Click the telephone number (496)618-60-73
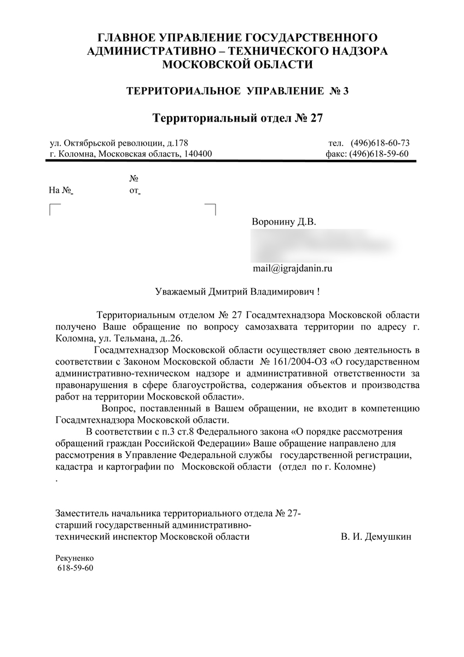coord(380,143)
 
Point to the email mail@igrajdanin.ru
coord(293,268)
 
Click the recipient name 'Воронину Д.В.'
coord(284,222)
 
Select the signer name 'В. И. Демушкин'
coord(375,537)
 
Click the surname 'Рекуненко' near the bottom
coord(75,558)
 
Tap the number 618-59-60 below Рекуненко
coord(76,568)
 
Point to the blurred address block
coord(323,245)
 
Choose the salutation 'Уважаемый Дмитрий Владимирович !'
coord(237,292)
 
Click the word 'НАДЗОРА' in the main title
coord(346,51)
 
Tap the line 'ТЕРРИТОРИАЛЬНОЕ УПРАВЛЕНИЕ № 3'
coord(237,90)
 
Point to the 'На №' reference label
coord(61,191)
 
